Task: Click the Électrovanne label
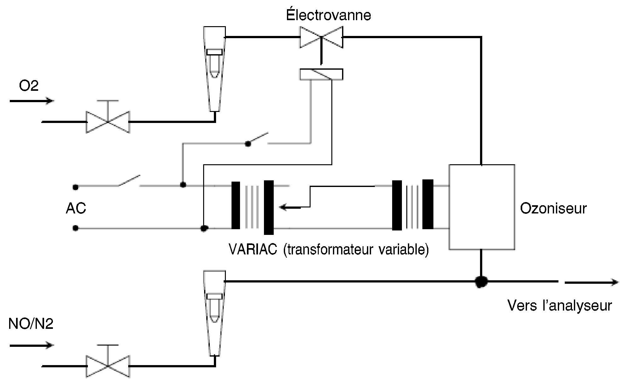pos(329,15)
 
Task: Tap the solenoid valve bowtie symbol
pos(321,37)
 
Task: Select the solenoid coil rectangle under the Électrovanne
pos(321,74)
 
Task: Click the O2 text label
pos(29,85)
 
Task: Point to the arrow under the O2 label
pos(31,101)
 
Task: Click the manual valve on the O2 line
pos(108,117)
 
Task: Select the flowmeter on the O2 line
pos(215,69)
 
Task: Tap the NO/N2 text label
pos(31,324)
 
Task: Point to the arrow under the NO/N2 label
pos(31,345)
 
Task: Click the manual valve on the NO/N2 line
pos(108,361)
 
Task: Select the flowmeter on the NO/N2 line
pos(215,313)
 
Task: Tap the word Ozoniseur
pos(553,208)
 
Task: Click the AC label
pos(76,208)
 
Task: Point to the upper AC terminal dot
pos(75,187)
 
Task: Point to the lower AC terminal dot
pos(75,228)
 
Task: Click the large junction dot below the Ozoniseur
pos(481,281)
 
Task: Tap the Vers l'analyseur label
pos(560,306)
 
